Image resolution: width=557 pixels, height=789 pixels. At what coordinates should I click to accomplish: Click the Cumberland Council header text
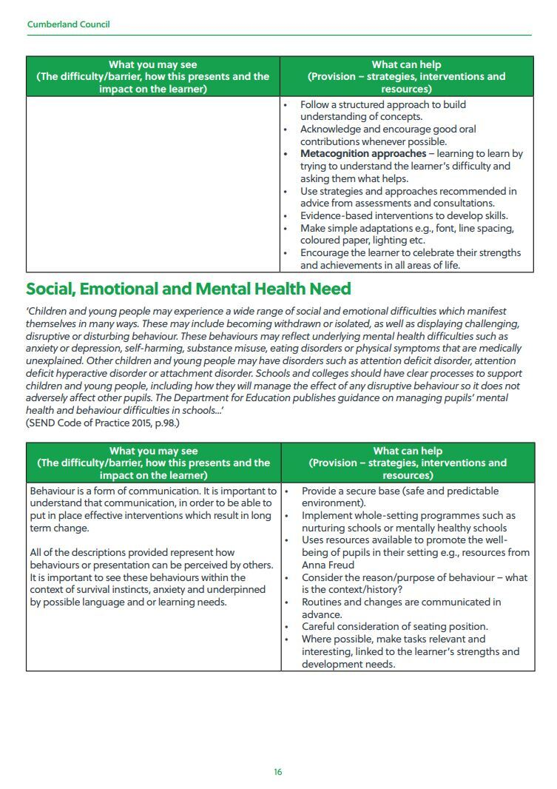pos(68,24)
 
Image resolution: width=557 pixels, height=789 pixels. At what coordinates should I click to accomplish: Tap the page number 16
pos(278,772)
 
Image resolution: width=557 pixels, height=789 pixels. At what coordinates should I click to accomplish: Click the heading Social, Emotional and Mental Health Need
pos(189,289)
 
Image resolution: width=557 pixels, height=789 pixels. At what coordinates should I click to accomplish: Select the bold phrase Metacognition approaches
pos(362,154)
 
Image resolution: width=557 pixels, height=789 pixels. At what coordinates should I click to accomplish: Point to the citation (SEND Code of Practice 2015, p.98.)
pos(103,423)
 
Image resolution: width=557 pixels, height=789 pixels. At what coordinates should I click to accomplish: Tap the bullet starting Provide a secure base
pos(400,491)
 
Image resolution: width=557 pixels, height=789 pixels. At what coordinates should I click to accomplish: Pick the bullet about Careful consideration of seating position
pos(394,626)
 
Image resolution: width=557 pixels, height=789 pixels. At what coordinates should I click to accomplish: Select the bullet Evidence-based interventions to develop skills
pos(404,215)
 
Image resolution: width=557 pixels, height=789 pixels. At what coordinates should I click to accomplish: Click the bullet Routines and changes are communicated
pos(401,602)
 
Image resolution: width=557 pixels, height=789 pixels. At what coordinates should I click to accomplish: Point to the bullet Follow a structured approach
pos(382,104)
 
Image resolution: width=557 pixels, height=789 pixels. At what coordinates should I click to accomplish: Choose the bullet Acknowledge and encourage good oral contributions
pos(388,130)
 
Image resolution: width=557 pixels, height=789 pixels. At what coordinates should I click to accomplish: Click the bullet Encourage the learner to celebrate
pos(410,252)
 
